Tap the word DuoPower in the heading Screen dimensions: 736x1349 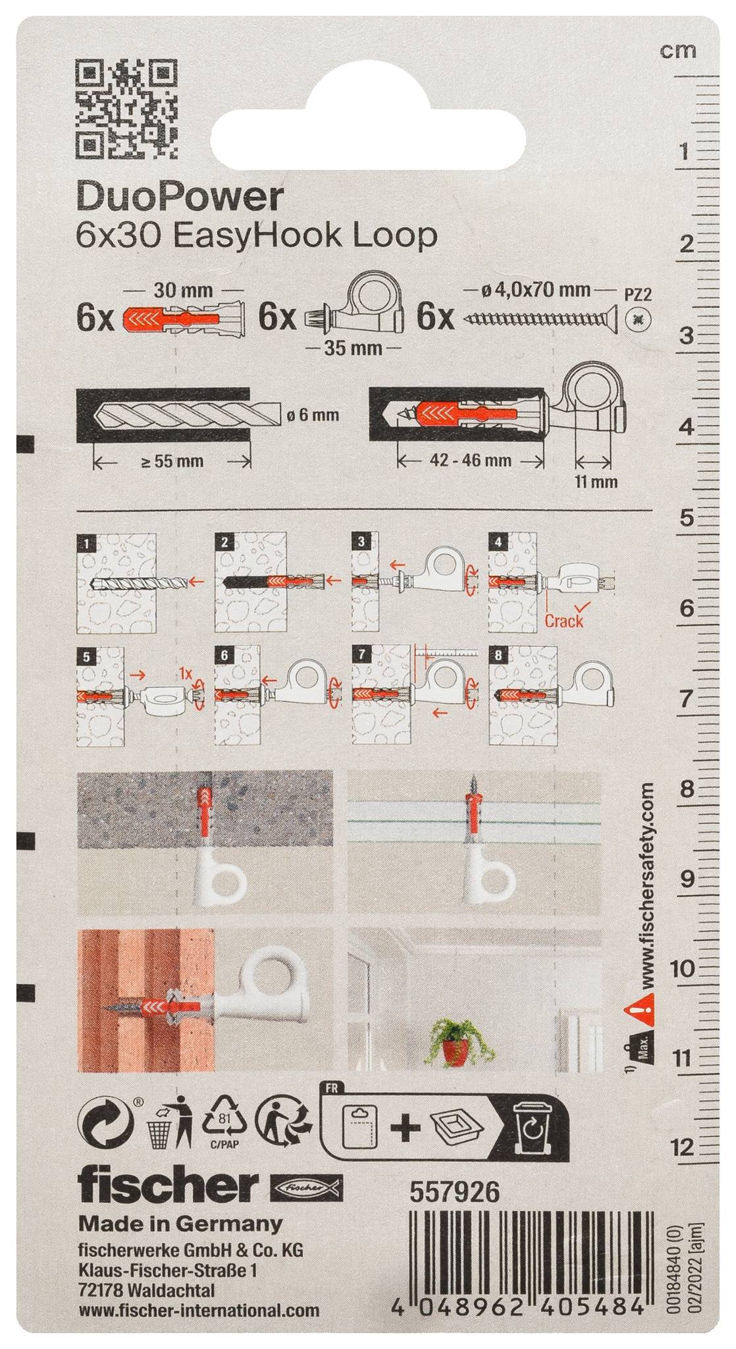[x=180, y=197]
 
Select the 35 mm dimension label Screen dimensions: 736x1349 [x=354, y=347]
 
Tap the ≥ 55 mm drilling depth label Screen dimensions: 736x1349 [x=171, y=460]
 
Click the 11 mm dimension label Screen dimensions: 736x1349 [x=596, y=482]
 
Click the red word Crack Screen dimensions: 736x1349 [x=564, y=620]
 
